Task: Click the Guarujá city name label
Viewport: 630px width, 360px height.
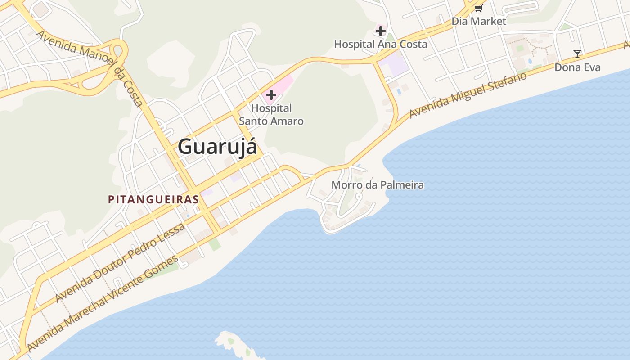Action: coord(218,147)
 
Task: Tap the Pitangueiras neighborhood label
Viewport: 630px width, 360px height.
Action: coord(153,199)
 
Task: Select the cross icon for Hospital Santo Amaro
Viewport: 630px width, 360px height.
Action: coord(271,95)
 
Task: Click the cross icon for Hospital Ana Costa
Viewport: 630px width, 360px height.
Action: coord(381,31)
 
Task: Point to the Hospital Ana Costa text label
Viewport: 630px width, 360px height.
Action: coord(381,44)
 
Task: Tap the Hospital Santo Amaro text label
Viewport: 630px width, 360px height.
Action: coord(271,115)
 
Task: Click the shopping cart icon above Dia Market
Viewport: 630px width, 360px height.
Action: coord(478,9)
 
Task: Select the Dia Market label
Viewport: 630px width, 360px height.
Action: coord(479,21)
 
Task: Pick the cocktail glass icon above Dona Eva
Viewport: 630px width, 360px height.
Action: coord(577,54)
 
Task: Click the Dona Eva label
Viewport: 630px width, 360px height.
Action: coord(577,67)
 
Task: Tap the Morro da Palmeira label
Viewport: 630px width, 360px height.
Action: coord(378,185)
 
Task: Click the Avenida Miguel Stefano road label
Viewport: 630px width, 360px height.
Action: coord(468,95)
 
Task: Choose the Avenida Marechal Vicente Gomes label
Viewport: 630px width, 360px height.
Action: coord(103,304)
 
